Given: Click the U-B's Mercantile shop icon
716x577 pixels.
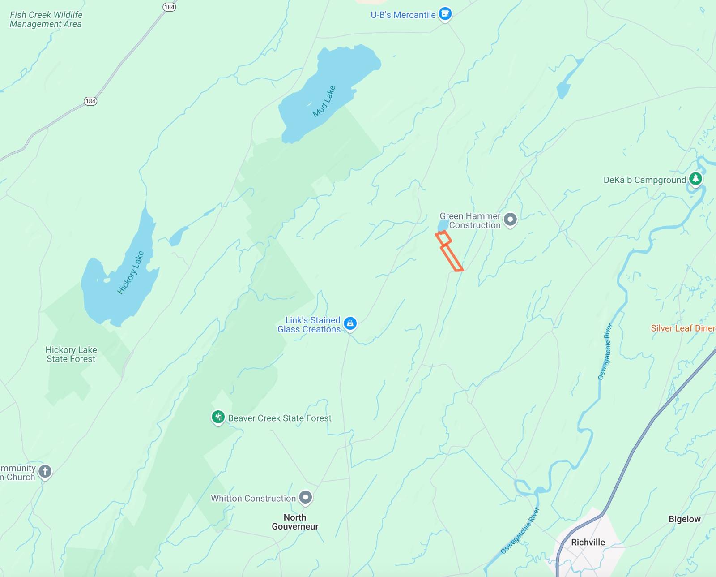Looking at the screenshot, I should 445,14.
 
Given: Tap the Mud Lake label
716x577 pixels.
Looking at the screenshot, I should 324,101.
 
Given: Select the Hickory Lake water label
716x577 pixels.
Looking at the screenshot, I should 131,272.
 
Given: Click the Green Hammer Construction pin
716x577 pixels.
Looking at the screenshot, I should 510,220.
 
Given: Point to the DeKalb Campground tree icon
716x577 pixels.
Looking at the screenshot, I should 695,179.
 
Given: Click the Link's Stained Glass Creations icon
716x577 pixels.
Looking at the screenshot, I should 350,323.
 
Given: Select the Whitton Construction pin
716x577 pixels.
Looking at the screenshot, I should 305,497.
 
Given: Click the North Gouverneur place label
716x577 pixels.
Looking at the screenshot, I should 295,522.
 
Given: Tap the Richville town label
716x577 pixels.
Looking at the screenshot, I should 588,542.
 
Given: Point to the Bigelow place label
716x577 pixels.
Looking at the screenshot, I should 684,519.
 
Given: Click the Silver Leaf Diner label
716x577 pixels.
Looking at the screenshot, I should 682,328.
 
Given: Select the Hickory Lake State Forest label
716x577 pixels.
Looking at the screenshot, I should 71,354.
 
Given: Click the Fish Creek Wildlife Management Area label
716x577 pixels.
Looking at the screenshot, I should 46,20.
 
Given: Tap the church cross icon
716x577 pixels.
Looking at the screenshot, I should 45,471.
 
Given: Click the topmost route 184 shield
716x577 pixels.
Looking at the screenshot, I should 169,7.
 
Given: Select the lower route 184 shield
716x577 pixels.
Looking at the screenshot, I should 90,101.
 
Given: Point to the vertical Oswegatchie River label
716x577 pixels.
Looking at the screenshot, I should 605,352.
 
